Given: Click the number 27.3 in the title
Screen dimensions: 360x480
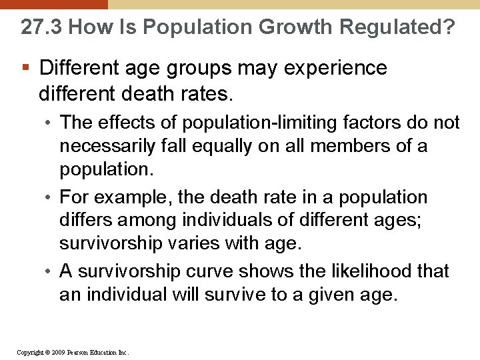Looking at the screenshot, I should click(41, 27).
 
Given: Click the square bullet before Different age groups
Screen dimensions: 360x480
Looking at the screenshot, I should click(25, 68).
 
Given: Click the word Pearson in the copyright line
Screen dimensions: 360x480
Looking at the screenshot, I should click(78, 351).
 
